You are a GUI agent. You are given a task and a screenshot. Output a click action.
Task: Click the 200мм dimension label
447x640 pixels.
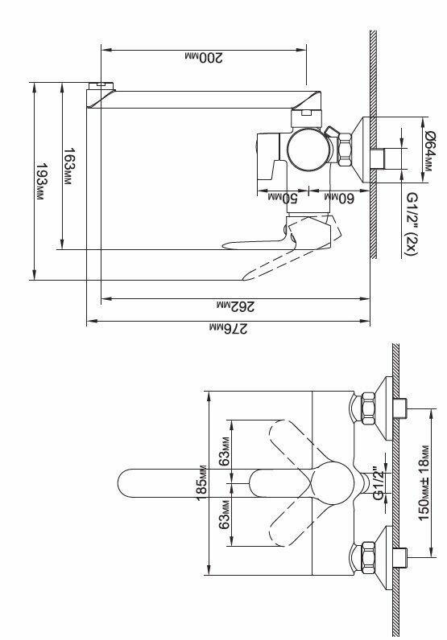tap(204, 58)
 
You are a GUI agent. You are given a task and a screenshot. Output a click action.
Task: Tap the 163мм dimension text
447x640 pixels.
tap(69, 166)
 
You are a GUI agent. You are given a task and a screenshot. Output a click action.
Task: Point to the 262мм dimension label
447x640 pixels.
tap(235, 306)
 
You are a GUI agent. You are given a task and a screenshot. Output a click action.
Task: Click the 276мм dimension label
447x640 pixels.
tap(228, 328)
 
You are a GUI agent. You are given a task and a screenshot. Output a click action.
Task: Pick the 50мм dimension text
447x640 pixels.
tap(283, 198)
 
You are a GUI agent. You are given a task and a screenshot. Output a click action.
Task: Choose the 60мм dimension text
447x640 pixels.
tap(339, 198)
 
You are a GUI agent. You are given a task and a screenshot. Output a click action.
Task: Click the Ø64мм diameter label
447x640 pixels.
tap(430, 150)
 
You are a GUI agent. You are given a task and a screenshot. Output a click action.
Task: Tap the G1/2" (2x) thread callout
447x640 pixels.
tap(412, 224)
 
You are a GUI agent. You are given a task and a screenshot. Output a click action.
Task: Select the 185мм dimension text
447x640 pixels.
tap(201, 483)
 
